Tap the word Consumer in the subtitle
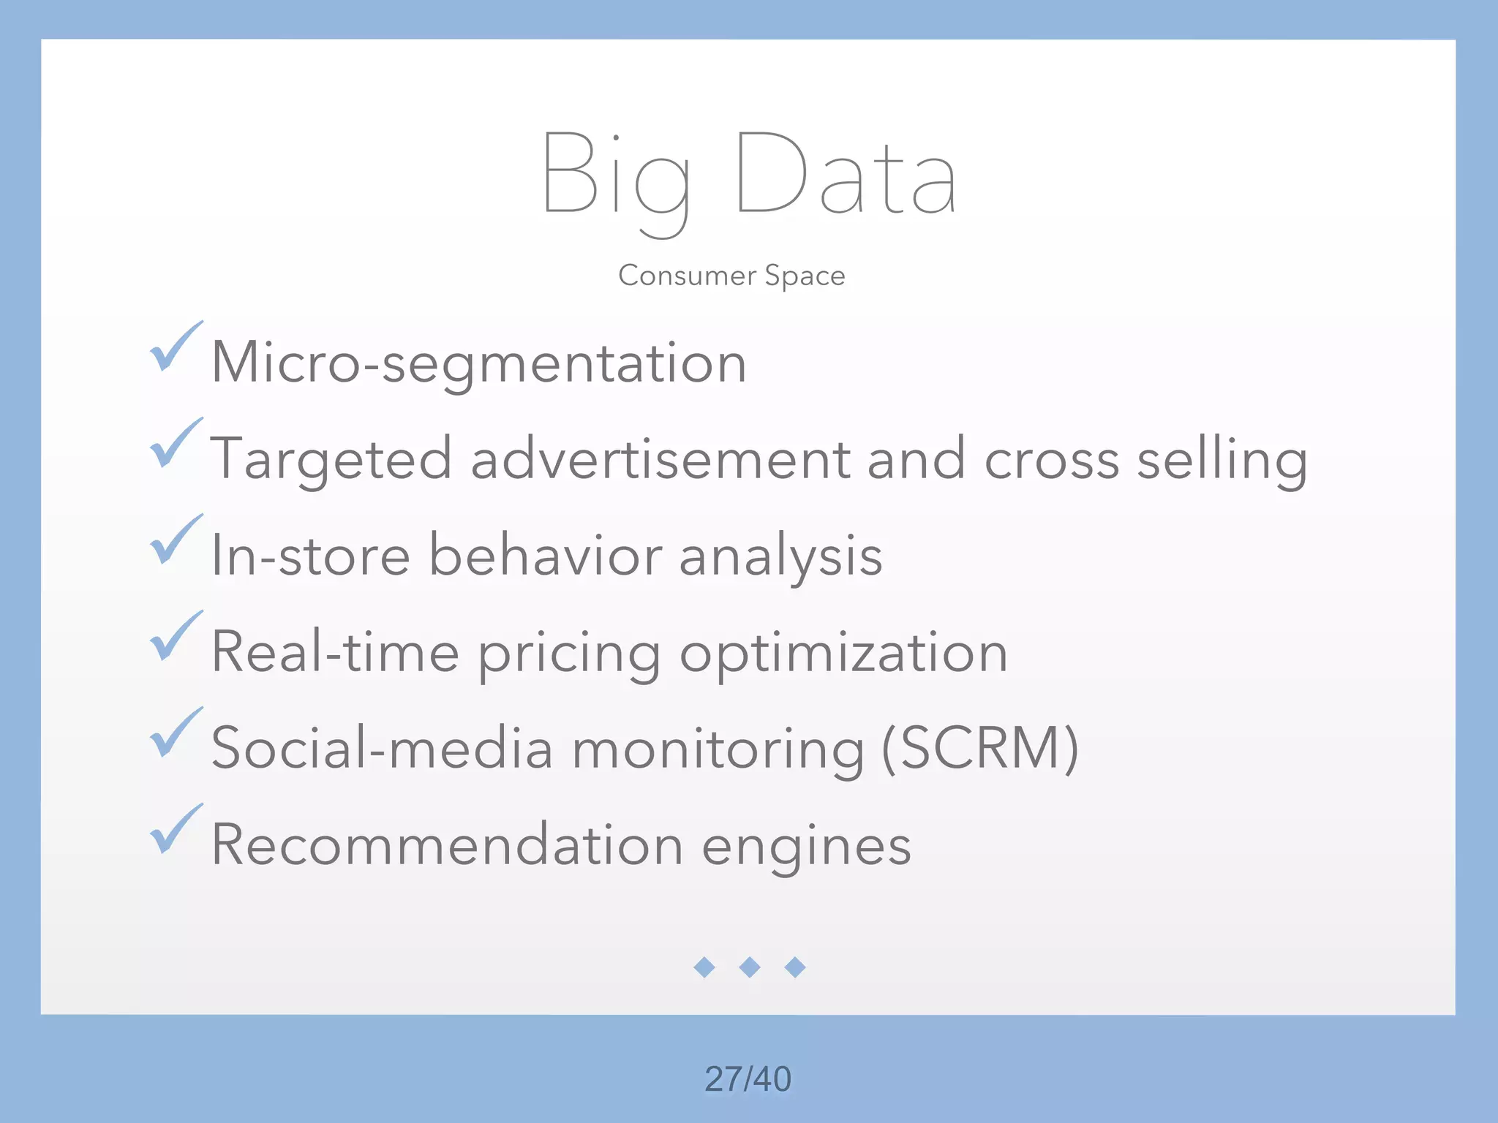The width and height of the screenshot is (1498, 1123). click(x=687, y=276)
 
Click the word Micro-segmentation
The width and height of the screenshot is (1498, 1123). click(x=478, y=363)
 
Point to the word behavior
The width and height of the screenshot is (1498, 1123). click(x=545, y=556)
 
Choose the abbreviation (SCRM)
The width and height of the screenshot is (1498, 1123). click(x=980, y=749)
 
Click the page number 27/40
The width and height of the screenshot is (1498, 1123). click(x=748, y=1079)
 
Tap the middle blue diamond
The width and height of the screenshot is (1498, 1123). click(x=750, y=967)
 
